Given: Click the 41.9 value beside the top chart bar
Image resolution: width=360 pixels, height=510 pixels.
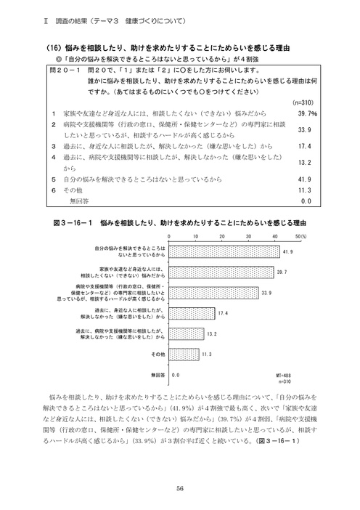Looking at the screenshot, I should [287, 251].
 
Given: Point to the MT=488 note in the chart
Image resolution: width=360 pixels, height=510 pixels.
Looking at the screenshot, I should [286, 375].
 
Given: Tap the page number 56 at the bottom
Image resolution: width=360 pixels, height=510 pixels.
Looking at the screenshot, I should [179, 468].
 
